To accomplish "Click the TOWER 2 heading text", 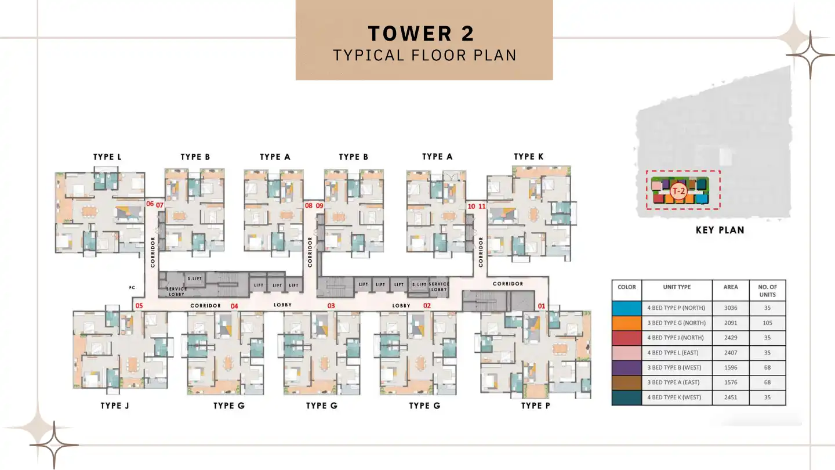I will click(421, 33).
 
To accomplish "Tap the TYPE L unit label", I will click(107, 157).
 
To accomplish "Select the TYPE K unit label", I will click(528, 157).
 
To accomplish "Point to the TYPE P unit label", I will click(535, 406).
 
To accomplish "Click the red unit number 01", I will click(542, 306).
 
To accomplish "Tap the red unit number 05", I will click(139, 306).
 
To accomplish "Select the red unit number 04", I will click(234, 306).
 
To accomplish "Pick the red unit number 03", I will click(331, 306).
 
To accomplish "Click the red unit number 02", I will click(427, 306).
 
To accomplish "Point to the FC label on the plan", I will click(132, 287).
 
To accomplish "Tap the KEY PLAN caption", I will click(720, 230).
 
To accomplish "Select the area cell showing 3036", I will click(731, 308).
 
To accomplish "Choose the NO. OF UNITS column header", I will click(767, 290).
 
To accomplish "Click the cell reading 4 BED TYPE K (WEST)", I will click(676, 397).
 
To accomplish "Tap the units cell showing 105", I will click(767, 323).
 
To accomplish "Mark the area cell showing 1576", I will click(731, 382).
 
